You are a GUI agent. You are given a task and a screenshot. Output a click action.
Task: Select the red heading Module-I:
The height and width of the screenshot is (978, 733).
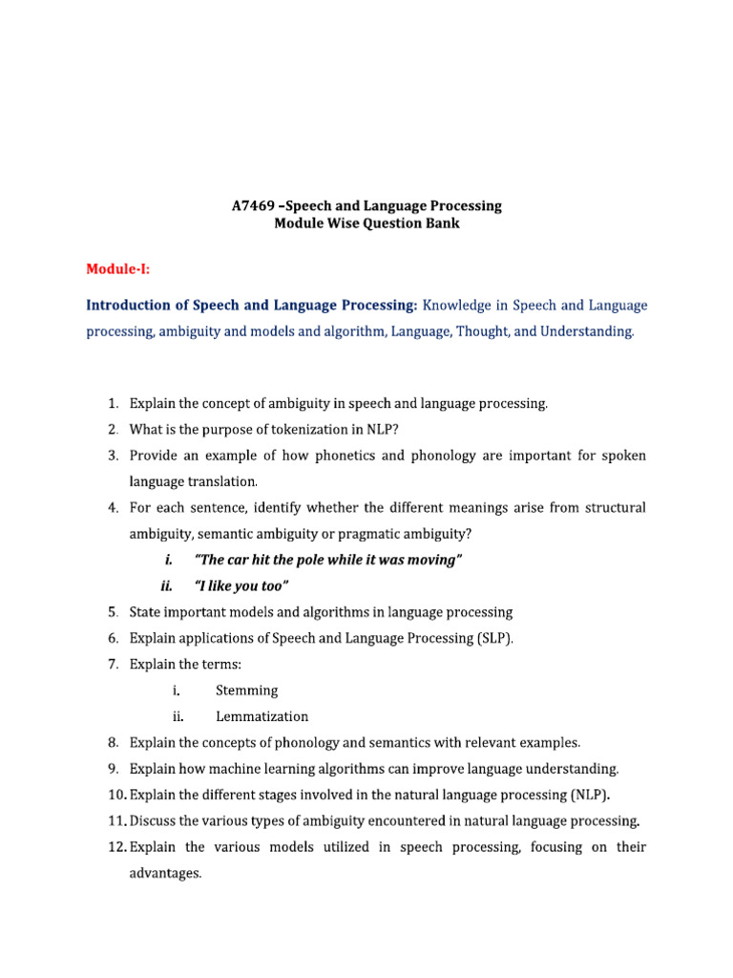[118, 269]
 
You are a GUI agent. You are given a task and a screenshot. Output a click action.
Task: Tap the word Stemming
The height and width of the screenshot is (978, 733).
[247, 690]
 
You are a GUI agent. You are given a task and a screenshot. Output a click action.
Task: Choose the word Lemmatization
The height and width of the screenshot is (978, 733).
[262, 716]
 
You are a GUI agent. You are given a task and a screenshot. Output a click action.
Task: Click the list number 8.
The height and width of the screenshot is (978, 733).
[113, 742]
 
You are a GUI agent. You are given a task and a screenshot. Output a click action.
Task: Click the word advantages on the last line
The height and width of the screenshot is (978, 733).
[165, 872]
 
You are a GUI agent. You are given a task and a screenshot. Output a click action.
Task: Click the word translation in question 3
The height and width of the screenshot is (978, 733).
[225, 481]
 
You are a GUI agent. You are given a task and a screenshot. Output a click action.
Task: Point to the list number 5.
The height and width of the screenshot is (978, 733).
[113, 611]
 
